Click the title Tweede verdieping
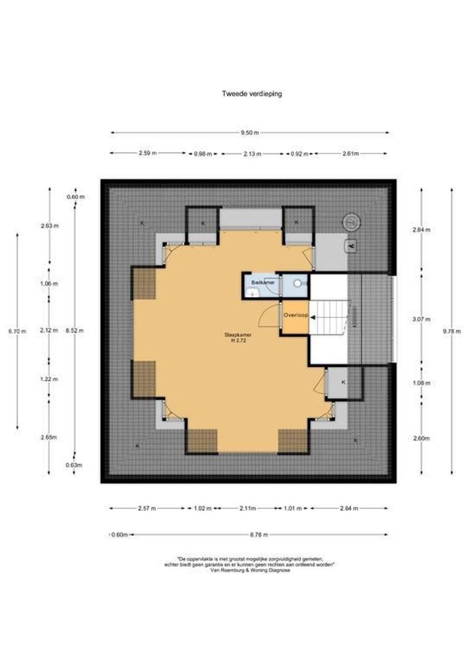[251, 94]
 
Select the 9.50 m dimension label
[250, 133]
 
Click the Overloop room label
[294, 317]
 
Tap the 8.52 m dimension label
[74, 330]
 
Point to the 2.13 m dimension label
[252, 153]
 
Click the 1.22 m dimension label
[49, 379]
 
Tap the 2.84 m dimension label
[422, 230]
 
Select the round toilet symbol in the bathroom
[298, 284]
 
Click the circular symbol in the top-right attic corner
[351, 221]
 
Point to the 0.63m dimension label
[75, 465]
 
